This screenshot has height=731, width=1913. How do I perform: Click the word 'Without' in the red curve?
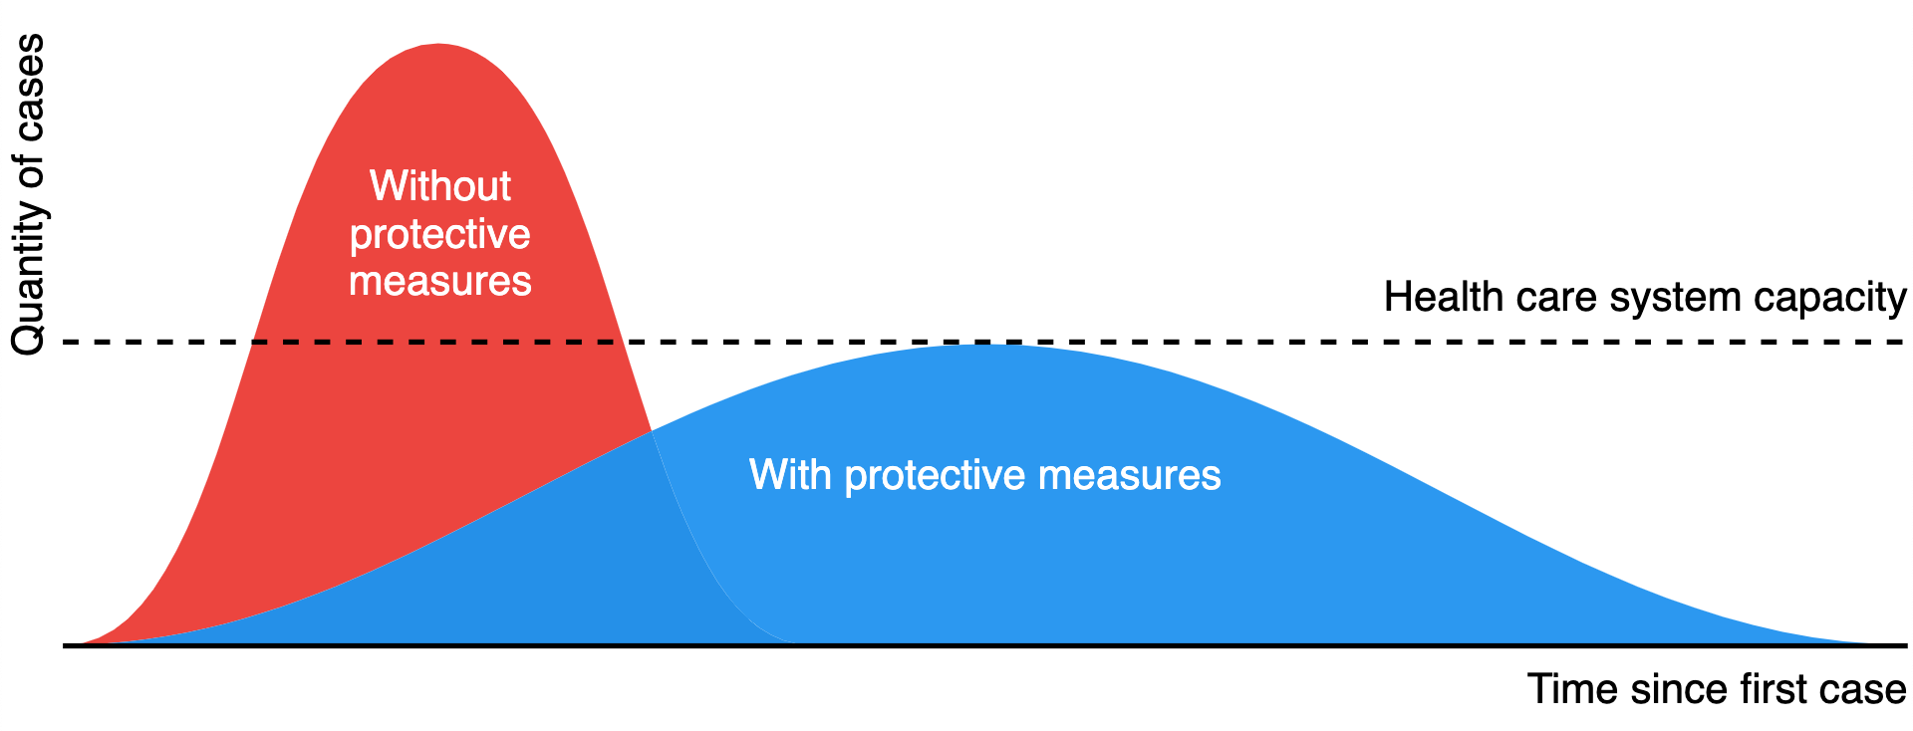tap(439, 186)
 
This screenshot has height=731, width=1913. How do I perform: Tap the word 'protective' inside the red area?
tap(439, 235)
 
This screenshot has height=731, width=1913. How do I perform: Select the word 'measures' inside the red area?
tap(439, 281)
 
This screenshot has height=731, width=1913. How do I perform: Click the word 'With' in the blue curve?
tap(790, 474)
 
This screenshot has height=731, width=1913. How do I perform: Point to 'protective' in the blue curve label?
tap(935, 476)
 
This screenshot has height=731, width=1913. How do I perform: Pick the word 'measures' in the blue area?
tap(1129, 475)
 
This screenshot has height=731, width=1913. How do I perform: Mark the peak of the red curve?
tap(439, 44)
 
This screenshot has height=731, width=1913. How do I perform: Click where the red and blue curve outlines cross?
tap(652, 431)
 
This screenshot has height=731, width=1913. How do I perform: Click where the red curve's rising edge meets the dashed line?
tap(254, 343)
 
